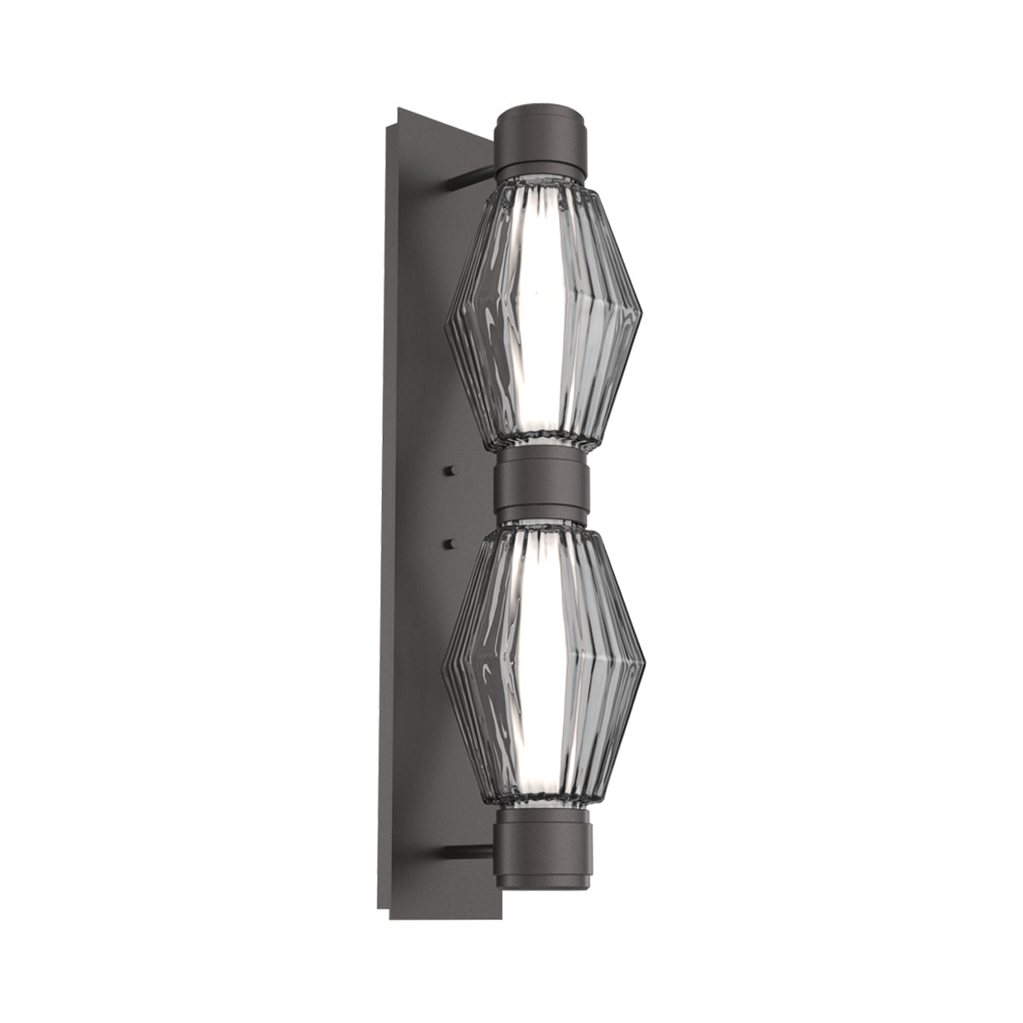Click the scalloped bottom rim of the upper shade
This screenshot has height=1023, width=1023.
(542, 443)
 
